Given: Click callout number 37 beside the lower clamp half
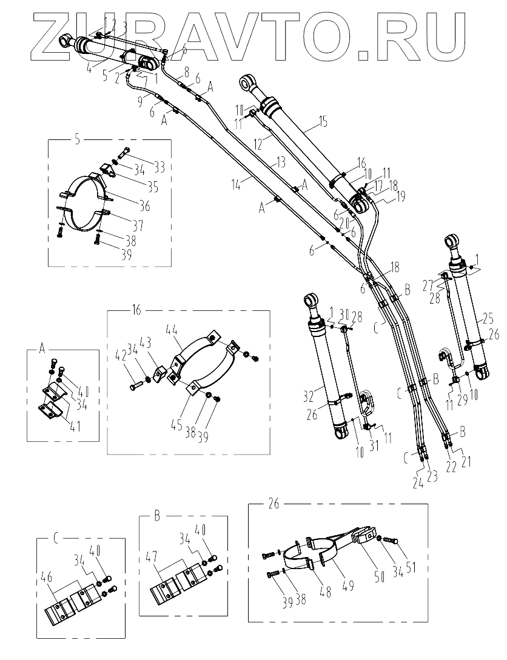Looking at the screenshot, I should tap(137, 227).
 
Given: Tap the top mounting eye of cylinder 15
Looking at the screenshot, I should tap(247, 82).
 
